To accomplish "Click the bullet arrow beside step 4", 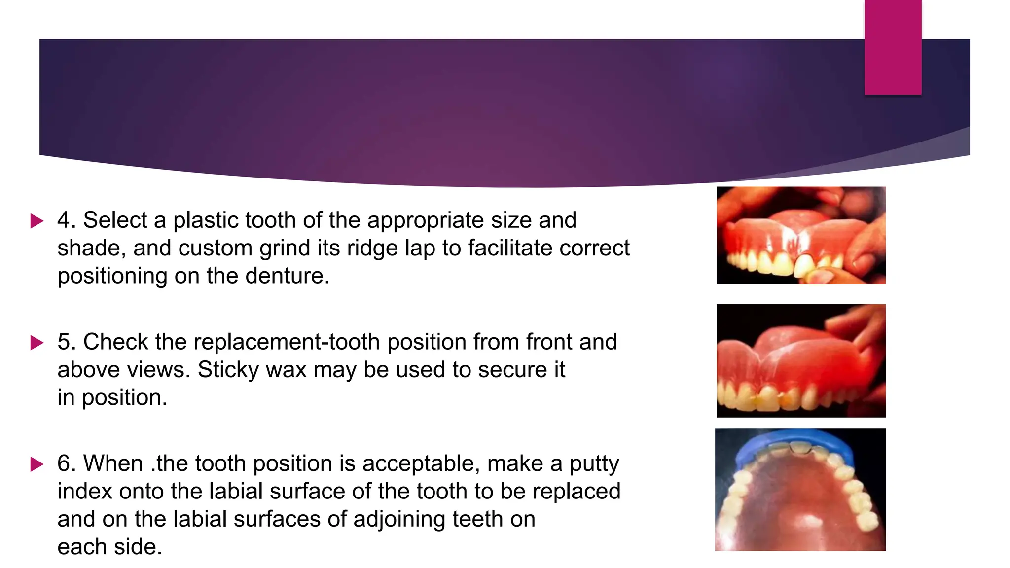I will [37, 220].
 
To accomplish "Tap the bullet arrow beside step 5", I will [37, 342].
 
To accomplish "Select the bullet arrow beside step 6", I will [37, 464].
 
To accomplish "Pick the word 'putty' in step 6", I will [594, 464].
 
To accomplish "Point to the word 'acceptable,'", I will [421, 464].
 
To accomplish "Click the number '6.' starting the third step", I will [67, 464].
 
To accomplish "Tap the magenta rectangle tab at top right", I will [893, 47].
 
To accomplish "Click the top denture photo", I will [801, 235].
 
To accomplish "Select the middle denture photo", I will [801, 360].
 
